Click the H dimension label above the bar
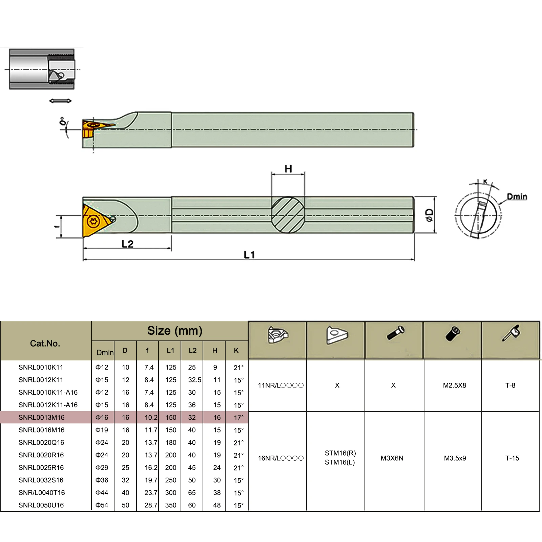click(288, 169)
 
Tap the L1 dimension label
click(249, 255)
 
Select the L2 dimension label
click(127, 244)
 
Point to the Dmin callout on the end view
click(517, 196)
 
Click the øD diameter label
click(430, 215)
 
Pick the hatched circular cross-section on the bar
click(288, 215)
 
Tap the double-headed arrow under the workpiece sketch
click(60, 101)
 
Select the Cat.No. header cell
click(45, 343)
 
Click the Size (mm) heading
click(175, 331)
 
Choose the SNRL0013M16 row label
click(41, 417)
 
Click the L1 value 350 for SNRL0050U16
click(171, 505)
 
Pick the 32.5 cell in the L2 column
click(194, 380)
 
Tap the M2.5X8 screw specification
click(454, 385)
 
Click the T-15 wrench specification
click(512, 458)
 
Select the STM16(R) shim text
click(340, 453)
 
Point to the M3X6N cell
click(392, 458)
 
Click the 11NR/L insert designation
click(280, 385)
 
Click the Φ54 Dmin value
click(102, 505)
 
